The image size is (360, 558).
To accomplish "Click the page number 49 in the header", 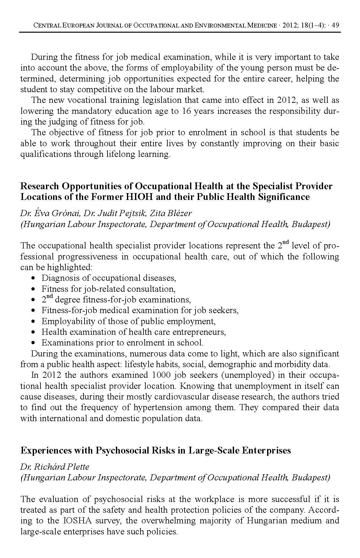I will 336,25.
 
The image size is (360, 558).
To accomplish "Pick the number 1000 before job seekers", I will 161,375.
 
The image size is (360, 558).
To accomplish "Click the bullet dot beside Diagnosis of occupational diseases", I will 34,278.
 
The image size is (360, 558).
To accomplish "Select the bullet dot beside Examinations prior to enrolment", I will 34,343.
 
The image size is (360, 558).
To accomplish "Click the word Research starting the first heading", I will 40,186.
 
